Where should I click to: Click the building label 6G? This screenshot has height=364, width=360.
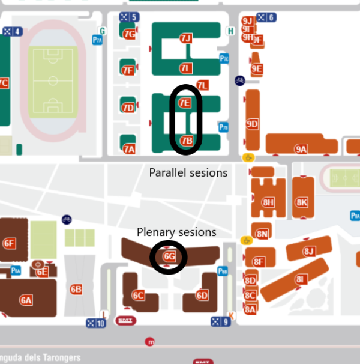169,257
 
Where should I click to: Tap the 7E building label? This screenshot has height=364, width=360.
185,103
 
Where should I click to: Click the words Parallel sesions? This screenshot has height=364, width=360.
188,172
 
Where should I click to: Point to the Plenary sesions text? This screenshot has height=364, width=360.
176,232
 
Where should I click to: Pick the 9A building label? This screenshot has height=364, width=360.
301,148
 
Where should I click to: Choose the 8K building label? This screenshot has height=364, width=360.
301,202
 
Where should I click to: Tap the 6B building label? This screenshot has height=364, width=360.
76,289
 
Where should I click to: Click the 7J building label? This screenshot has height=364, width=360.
185,38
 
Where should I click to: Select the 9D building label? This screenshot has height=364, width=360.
252,124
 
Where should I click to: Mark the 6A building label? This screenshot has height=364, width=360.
26,300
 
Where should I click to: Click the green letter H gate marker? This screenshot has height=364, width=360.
230,31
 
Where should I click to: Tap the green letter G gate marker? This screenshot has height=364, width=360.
103,31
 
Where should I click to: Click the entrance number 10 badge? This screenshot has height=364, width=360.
96,323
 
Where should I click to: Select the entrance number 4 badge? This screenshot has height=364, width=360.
13,31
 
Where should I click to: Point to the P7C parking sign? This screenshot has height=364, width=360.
224,59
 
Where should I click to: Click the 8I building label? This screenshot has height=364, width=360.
300,279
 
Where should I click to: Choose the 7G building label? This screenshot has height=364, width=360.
129,34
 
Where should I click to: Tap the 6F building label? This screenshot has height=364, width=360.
9,243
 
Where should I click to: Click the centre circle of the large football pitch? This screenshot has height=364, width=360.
53,80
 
